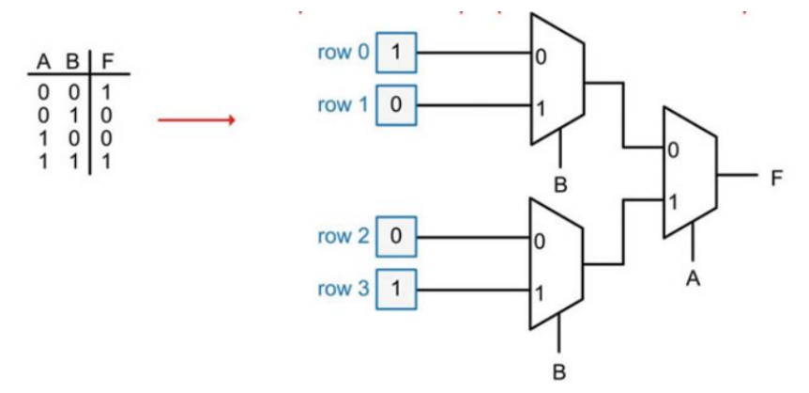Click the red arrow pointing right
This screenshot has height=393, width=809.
click(195, 120)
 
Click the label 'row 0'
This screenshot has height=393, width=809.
click(343, 53)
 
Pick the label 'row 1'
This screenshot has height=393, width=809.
click(343, 104)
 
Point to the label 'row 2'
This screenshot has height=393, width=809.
click(343, 236)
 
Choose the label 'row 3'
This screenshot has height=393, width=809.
click(343, 289)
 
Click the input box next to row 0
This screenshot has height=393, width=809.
click(395, 54)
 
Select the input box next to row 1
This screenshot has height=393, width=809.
click(395, 105)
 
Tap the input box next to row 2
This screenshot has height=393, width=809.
click(395, 237)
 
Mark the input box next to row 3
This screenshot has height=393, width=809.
click(395, 290)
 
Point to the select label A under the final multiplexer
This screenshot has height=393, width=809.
click(694, 278)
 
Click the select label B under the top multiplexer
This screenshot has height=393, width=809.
click(560, 185)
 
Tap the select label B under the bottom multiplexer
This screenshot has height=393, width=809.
click(560, 371)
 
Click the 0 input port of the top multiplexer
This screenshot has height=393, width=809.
click(541, 56)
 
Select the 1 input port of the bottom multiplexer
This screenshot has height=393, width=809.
click(541, 292)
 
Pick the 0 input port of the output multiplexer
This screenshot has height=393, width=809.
click(673, 149)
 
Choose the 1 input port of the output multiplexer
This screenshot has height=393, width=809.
click(673, 201)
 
